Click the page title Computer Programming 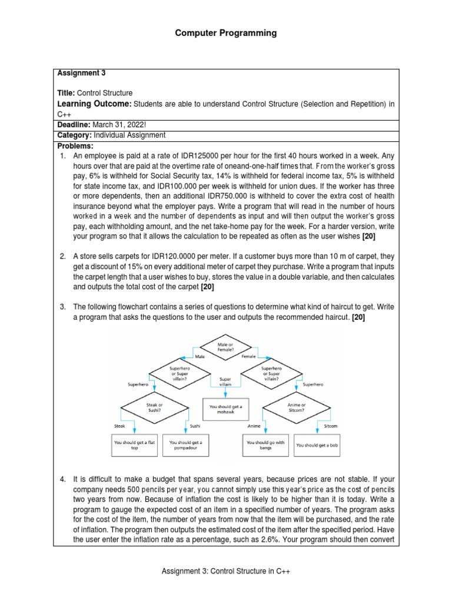point(226,33)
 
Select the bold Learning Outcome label point(94,104)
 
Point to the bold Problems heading point(75,145)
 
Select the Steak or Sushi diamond point(155,408)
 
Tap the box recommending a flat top point(135,445)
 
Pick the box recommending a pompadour point(185,445)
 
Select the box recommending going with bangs point(266,445)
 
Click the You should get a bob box point(317,445)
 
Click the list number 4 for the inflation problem point(63,480)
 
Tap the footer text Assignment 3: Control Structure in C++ point(226,571)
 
